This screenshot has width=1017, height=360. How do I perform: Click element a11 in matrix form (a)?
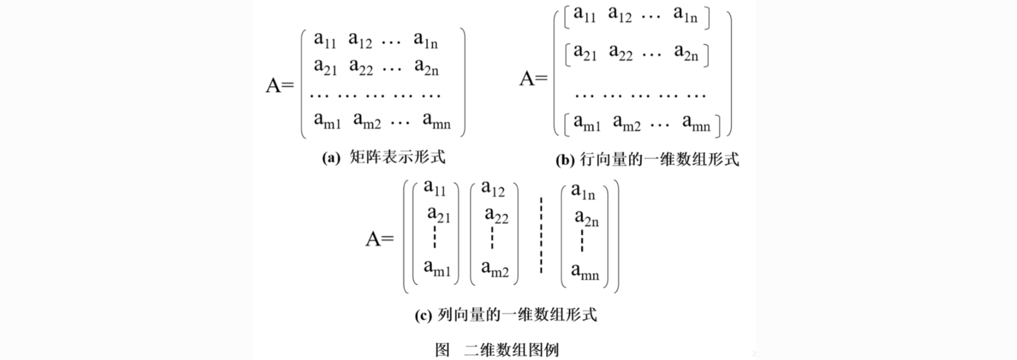325,40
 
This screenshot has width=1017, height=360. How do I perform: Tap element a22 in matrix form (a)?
361,67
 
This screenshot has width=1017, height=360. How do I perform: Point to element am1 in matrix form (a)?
327,121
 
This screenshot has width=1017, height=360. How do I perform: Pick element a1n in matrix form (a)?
426,40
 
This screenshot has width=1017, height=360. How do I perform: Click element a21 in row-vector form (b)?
585,53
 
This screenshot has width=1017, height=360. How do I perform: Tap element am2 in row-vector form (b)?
627,123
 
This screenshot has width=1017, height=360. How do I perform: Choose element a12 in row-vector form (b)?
620,14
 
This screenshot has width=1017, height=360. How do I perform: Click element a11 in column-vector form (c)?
435,188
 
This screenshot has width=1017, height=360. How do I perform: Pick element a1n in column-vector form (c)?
583,191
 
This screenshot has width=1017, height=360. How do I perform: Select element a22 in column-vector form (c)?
496,216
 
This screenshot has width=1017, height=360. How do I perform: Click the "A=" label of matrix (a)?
280,86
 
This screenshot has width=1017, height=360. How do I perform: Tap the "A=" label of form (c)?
380,239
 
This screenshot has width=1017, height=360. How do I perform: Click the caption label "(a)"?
331,158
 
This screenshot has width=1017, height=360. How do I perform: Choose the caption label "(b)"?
565,160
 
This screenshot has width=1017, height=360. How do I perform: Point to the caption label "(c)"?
423,315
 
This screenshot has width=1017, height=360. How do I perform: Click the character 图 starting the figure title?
443,350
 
